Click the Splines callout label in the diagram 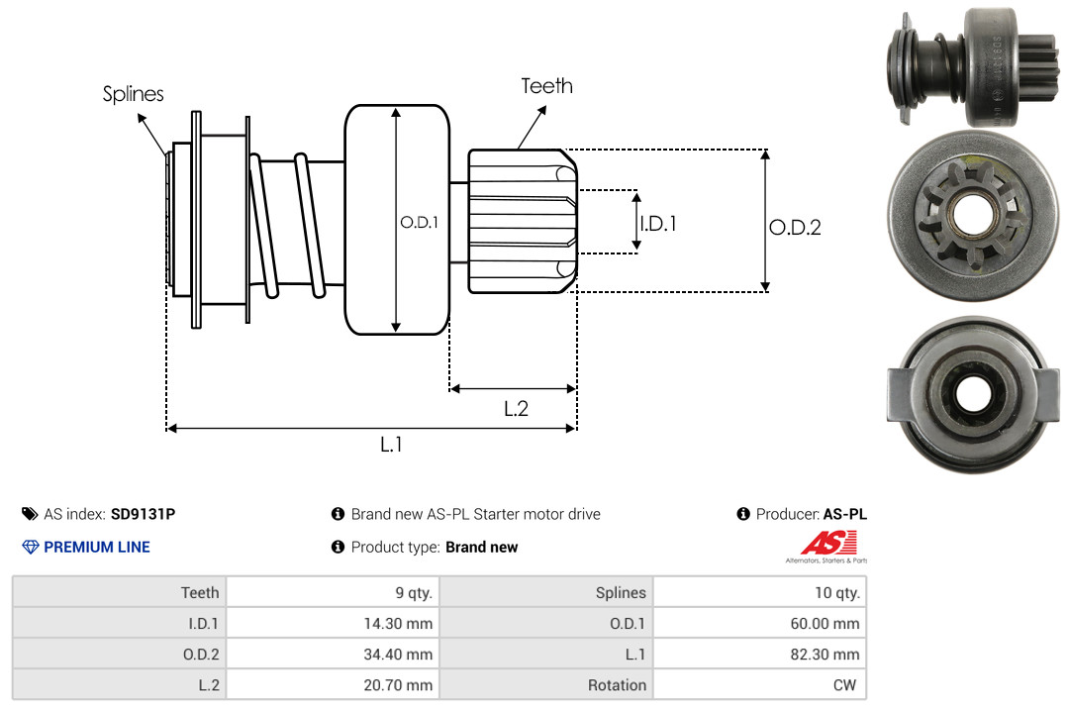133,94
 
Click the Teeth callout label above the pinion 546,86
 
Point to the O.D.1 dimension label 418,223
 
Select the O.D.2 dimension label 795,227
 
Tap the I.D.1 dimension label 657,224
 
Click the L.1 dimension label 392,445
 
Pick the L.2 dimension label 516,408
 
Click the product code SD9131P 143,514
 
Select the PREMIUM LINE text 97,547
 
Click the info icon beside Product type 338,547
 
